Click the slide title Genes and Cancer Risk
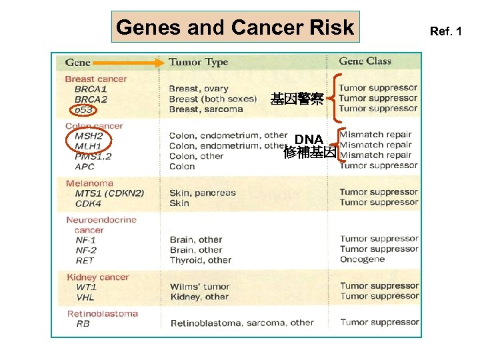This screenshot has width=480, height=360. pos(235,27)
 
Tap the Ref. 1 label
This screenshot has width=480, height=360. pos(445,31)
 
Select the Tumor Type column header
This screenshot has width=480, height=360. pos(198,62)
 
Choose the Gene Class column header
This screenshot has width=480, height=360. pos(365,61)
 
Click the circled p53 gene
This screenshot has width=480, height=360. pos(83,110)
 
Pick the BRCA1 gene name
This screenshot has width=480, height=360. pos(91,89)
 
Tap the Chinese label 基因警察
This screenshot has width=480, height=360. pos(297,100)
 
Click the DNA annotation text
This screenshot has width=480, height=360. pos(309,139)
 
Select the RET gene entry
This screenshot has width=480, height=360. pos(85,261)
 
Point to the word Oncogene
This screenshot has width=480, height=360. pos(362,259)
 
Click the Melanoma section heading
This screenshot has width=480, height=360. pos(89,183)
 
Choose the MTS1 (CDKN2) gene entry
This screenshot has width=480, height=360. pos(109,193)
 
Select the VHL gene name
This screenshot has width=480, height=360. pos(85,297)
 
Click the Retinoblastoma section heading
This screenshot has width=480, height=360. pos(102,313)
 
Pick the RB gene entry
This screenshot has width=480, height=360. pos(83,324)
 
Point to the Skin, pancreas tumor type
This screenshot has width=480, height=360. pos(202,193)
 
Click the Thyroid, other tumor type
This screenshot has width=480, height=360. pos(200,261)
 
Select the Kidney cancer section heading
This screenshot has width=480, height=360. pos(97,277)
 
